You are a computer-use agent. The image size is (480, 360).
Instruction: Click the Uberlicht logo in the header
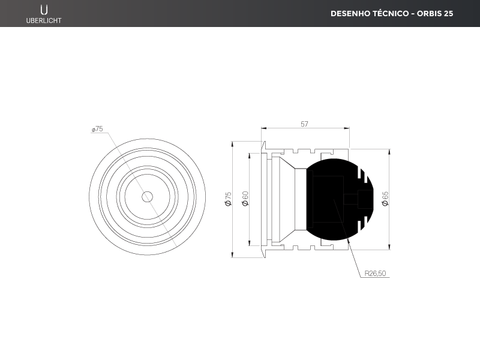44,14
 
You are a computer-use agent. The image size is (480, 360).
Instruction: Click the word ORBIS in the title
428,13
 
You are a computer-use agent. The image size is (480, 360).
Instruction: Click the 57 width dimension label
304,124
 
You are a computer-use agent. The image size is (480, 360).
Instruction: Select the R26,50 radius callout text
376,274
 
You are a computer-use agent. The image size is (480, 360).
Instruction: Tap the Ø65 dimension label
385,199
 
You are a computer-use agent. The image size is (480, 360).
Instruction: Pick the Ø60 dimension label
245,199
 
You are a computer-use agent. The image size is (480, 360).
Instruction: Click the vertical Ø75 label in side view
229,199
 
